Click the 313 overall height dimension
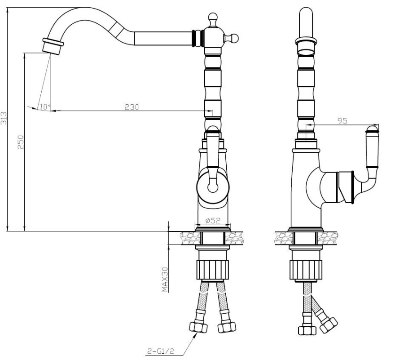pyautogui.click(x=4, y=118)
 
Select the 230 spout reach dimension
pyautogui.click(x=132, y=107)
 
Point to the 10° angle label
pyautogui.click(x=45, y=107)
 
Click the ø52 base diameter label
pyautogui.click(x=213, y=221)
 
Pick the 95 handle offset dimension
pyautogui.click(x=343, y=121)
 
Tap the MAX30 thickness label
pyautogui.click(x=165, y=280)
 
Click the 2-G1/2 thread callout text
pyautogui.click(x=161, y=351)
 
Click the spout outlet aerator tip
pyautogui.click(x=53, y=46)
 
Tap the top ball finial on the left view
pyautogui.click(x=213, y=18)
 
